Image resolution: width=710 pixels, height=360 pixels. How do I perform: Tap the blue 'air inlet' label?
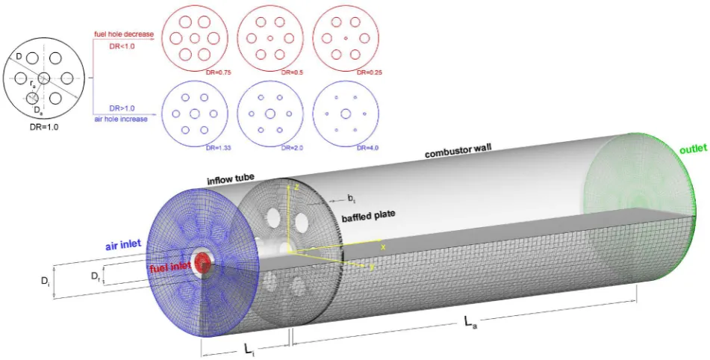pyautogui.click(x=123, y=245)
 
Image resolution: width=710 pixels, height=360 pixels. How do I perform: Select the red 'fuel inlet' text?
pyautogui.click(x=170, y=267)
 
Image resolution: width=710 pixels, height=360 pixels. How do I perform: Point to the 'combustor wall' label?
pyautogui.click(x=458, y=152)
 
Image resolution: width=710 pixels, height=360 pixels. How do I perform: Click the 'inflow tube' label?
pyautogui.click(x=231, y=180)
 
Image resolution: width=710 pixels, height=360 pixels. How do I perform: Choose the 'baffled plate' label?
pyautogui.click(x=368, y=216)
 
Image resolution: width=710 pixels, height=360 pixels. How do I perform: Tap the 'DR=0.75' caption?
pyautogui.click(x=218, y=72)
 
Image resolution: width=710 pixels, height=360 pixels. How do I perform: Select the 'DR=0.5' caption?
pyautogui.click(x=292, y=72)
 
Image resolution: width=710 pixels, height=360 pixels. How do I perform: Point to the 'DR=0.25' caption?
pyautogui.click(x=368, y=72)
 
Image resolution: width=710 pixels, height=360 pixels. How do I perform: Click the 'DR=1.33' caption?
pyautogui.click(x=219, y=148)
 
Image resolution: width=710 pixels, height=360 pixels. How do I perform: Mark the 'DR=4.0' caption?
pyautogui.click(x=367, y=148)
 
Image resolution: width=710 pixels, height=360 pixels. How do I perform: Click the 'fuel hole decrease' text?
pyautogui.click(x=124, y=34)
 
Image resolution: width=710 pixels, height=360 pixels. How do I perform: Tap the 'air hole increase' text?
pyautogui.click(x=121, y=119)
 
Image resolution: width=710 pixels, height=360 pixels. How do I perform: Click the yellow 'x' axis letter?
pyautogui.click(x=382, y=246)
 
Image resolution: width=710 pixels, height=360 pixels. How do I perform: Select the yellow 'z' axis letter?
pyautogui.click(x=296, y=187)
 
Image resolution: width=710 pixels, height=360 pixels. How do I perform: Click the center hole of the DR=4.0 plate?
pyautogui.click(x=346, y=114)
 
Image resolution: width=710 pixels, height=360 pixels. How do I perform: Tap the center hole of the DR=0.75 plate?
pyautogui.click(x=195, y=38)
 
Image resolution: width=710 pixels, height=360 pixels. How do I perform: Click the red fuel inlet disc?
pyautogui.click(x=202, y=261)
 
